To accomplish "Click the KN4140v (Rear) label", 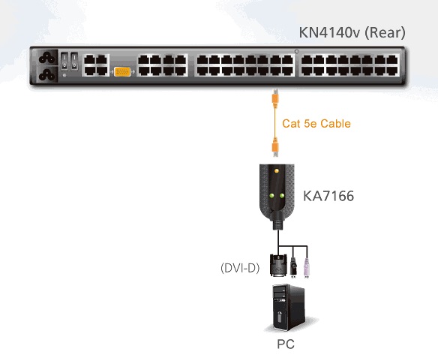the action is pos(352,33).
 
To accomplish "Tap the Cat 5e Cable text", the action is pos(316,124).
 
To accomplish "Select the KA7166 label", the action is pos(328,196).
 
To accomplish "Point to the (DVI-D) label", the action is pos(240,268).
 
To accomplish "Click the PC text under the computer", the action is pos(286,344).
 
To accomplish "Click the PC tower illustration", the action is pos(289,308).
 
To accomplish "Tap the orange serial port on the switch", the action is pos(122,72).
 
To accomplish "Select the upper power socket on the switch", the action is pos(46,58).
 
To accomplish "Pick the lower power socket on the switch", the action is pos(46,74).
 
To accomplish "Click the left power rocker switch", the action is pos(64,62).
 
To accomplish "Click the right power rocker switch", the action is pos(74,62).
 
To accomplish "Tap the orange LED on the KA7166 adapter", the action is pos(277,170).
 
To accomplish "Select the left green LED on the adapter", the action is pos(271,196).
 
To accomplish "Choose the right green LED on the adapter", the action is pos(281,196).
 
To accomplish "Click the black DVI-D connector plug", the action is pos(278,266).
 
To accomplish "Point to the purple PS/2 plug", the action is pos(307,268).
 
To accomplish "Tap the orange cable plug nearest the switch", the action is pos(275,98).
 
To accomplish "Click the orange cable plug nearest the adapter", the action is pos(275,147).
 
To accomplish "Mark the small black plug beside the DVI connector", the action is pos(293,267).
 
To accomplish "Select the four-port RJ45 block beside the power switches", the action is pos(96,65).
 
